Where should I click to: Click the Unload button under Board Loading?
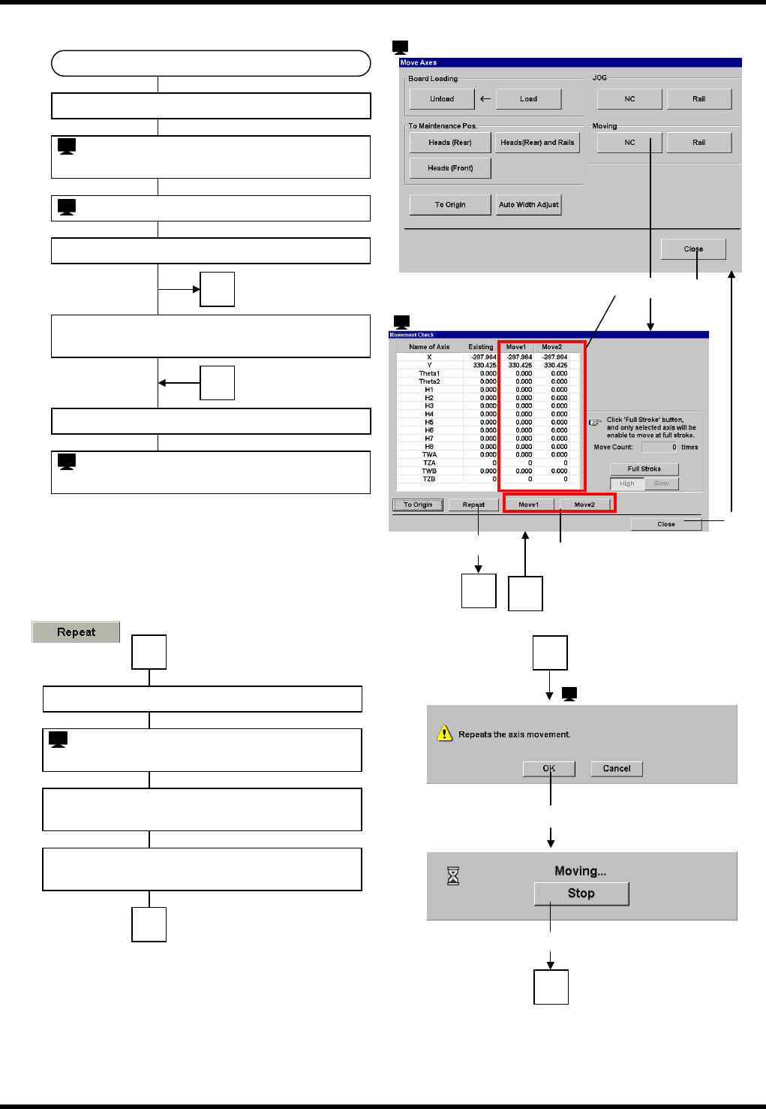coord(442,99)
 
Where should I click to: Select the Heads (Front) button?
coord(450,168)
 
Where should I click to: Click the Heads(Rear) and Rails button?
coord(537,143)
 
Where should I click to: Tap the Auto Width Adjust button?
coord(529,205)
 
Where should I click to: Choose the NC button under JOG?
coord(629,99)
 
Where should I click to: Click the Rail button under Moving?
coord(698,143)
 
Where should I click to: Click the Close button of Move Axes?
coord(693,249)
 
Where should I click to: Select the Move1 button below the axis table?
coord(528,505)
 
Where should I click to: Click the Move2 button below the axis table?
coord(584,505)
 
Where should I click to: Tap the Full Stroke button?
coord(644,469)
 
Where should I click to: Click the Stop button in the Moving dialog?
coord(581,894)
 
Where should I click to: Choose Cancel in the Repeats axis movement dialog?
coord(617,769)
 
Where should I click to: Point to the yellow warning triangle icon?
coord(445,733)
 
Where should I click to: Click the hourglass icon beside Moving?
coord(453,875)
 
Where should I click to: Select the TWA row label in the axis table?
coord(429,455)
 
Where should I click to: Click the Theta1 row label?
coord(429,374)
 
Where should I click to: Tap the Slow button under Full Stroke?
coord(661,484)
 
